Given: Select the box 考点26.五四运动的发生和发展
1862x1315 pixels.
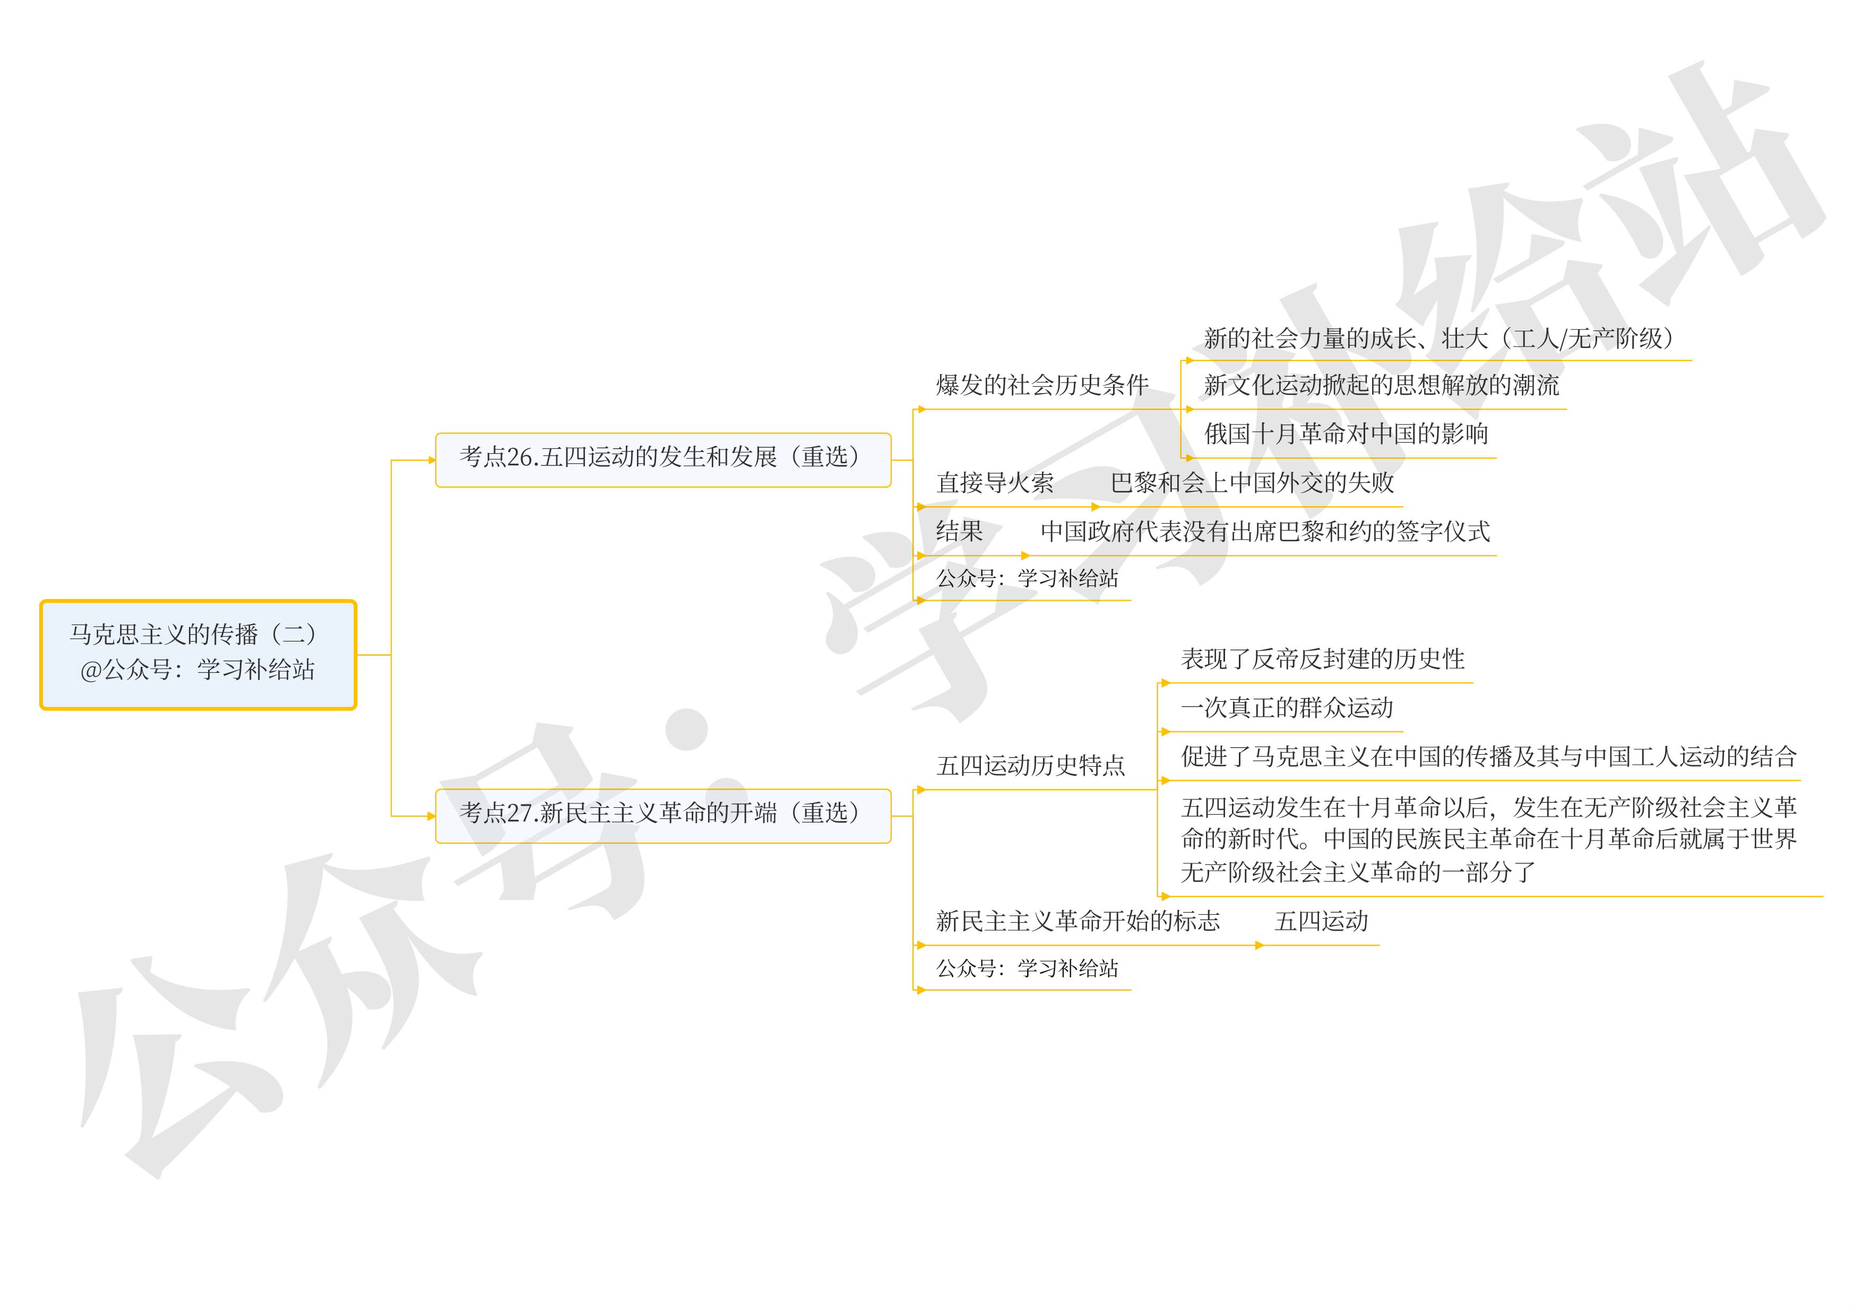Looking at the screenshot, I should point(662,459).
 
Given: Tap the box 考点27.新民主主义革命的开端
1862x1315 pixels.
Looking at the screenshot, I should point(662,815).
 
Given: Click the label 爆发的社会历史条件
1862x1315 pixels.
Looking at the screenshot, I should point(1041,385).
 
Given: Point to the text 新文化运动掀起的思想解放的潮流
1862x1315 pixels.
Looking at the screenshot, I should point(1380,385).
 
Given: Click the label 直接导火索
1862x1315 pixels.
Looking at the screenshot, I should point(994,483).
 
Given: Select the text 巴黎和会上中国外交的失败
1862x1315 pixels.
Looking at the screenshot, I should point(1252,483).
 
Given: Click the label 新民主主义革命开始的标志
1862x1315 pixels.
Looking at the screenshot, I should point(1077,921).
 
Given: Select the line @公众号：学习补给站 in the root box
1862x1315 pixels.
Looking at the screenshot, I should point(197,670).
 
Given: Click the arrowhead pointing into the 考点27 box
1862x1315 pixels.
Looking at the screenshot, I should point(432,816).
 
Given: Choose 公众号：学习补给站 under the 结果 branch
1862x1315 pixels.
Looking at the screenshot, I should point(1027,579).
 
